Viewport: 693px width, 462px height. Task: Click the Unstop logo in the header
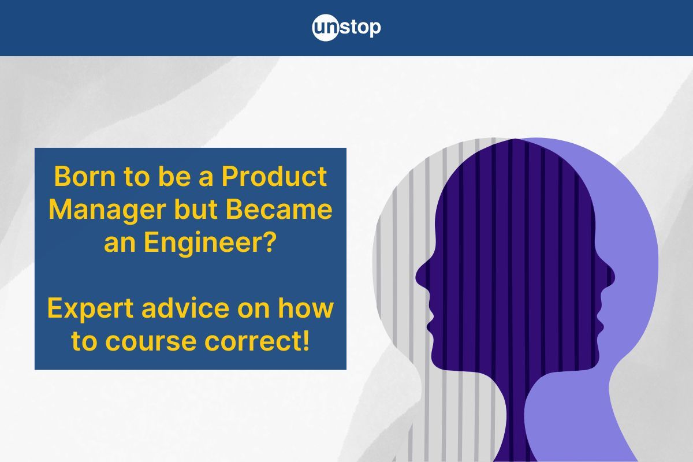[346, 28]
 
